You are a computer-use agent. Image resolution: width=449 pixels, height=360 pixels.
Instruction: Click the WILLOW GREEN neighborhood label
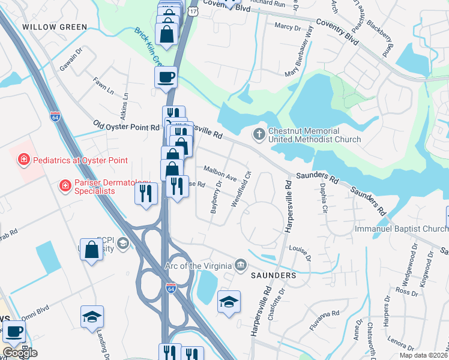point(55,27)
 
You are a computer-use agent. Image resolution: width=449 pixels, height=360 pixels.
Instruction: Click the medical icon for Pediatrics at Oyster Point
point(23,160)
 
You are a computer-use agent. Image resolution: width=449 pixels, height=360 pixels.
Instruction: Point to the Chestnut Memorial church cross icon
point(259,133)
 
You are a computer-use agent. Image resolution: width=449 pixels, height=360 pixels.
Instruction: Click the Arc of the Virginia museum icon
point(241,265)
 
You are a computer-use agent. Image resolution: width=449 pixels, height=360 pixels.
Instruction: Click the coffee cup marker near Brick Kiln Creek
point(166,77)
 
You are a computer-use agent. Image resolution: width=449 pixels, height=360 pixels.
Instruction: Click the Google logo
point(20,353)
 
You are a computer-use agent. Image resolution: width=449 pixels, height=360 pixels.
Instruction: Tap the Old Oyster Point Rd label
point(127,127)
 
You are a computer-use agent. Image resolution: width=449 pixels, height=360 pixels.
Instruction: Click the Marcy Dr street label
point(287,27)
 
